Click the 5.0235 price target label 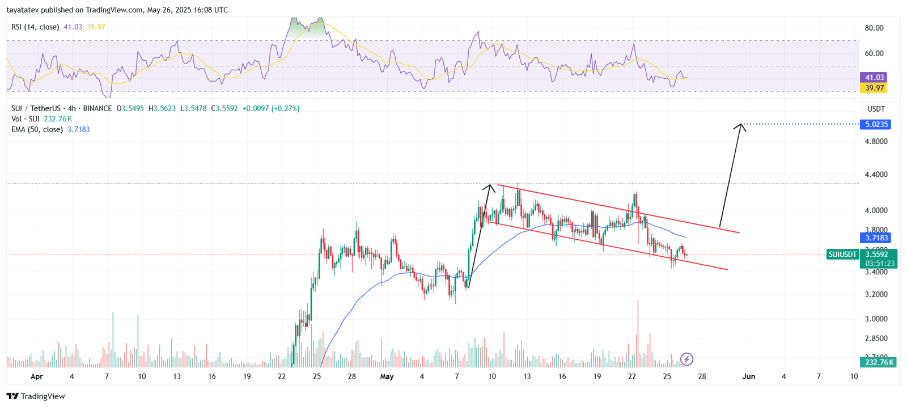(x=875, y=124)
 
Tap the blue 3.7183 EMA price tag (x=875, y=238)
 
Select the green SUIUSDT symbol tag (x=842, y=255)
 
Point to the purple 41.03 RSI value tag (x=874, y=77)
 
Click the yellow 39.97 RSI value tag (x=874, y=88)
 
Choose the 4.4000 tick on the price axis (x=876, y=175)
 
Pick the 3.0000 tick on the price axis (x=876, y=319)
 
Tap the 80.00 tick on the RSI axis (x=874, y=28)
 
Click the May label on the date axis (x=387, y=376)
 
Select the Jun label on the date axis (x=748, y=376)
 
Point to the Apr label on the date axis (x=36, y=376)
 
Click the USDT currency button (x=876, y=109)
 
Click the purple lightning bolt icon (x=686, y=359)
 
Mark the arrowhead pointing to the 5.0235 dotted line (x=740, y=125)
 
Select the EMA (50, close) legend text (x=37, y=130)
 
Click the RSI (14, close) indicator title (x=35, y=27)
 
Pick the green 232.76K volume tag (x=879, y=362)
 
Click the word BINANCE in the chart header (x=97, y=108)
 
